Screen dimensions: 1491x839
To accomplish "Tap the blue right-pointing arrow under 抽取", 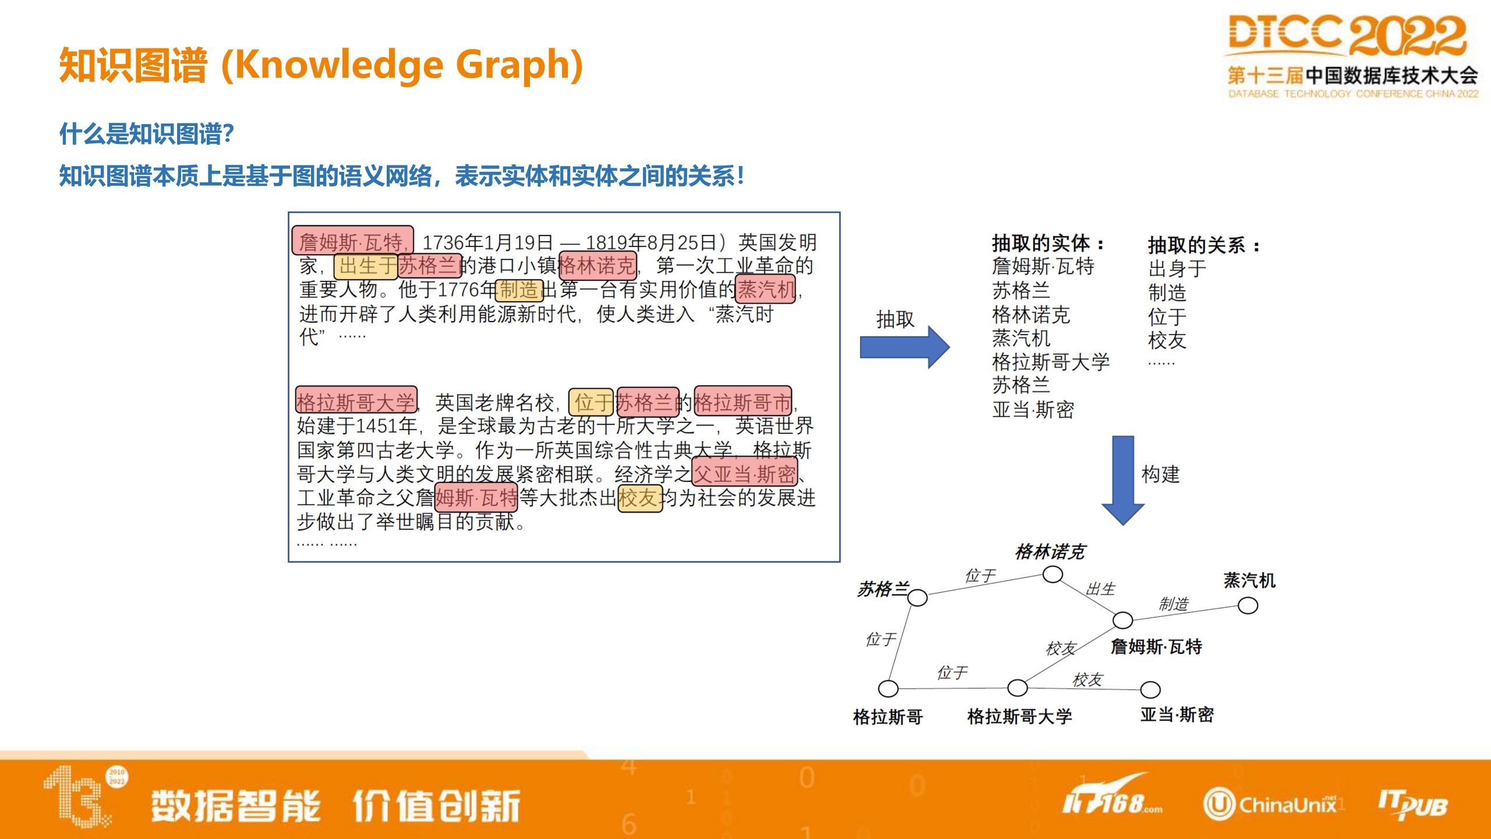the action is tap(905, 347).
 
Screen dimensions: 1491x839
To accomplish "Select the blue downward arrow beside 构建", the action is tap(1123, 480).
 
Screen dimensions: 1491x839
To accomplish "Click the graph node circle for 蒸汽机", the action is tap(1248, 606).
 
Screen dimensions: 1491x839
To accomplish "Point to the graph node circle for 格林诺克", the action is tap(1052, 574).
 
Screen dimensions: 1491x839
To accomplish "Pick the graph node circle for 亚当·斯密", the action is tap(1150, 690).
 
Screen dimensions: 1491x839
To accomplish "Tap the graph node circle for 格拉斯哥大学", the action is tap(1017, 688).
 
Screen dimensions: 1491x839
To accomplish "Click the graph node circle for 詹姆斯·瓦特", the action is tap(1123, 620).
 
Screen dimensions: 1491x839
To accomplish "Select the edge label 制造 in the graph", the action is tap(1174, 604).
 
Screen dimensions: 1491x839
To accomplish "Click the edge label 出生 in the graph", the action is tap(1100, 589).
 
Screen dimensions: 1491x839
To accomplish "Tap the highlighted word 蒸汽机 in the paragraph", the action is tap(766, 289).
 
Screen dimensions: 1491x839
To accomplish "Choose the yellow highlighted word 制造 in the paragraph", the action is tap(519, 290).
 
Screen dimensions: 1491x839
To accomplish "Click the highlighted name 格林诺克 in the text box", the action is tap(597, 266).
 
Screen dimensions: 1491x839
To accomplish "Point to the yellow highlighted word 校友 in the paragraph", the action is tap(640, 498).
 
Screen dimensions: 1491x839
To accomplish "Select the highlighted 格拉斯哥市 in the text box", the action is tap(743, 401).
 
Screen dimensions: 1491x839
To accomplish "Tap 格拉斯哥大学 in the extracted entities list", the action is tap(1051, 362).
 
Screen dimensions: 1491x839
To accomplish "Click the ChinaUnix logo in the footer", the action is tap(1270, 805).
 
